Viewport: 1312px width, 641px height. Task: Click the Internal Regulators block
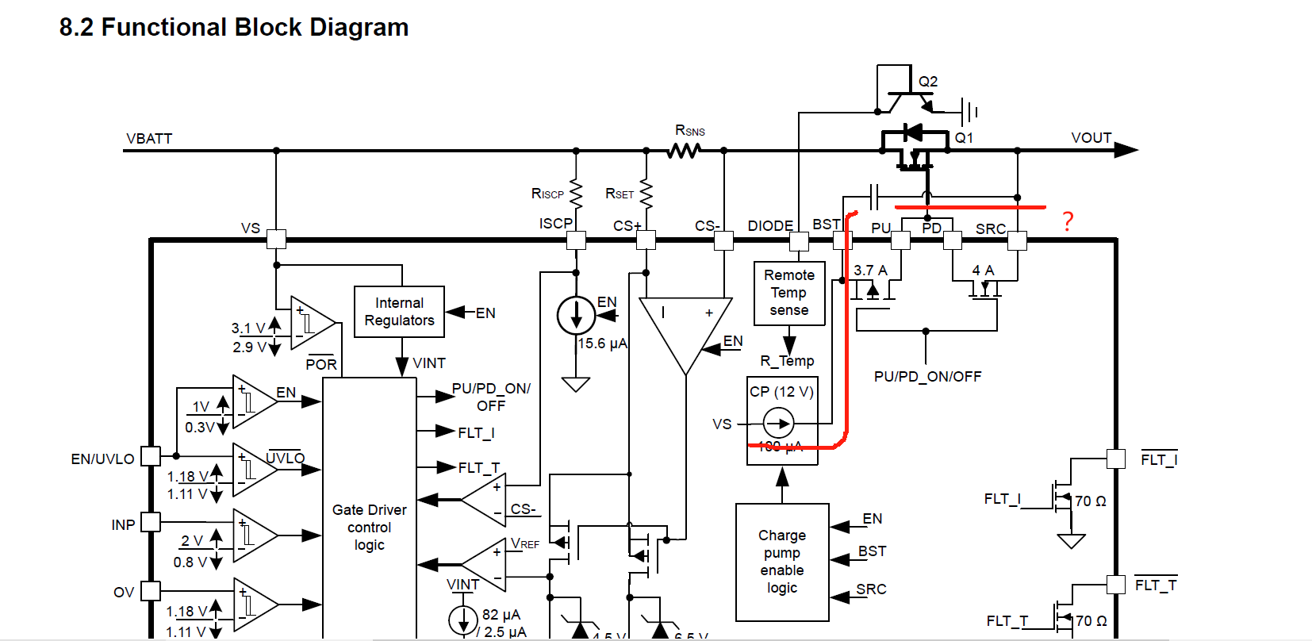tap(399, 312)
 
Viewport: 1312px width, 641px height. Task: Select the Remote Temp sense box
tap(789, 293)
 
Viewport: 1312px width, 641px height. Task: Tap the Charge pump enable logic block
tap(782, 562)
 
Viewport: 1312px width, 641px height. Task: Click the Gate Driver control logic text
tap(370, 527)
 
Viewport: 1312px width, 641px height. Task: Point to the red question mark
tap(1068, 221)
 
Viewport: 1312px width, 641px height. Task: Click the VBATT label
tap(149, 139)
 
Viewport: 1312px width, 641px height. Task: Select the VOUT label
tap(1091, 138)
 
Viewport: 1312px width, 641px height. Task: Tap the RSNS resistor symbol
tap(684, 150)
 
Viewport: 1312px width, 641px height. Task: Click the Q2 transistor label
tap(927, 82)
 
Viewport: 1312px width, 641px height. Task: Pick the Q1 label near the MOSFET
tap(964, 138)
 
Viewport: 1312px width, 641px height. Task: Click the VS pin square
tap(276, 239)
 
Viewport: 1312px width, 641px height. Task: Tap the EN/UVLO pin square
tap(151, 456)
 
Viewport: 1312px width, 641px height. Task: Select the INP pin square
tap(151, 522)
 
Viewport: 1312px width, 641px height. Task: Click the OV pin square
tap(151, 591)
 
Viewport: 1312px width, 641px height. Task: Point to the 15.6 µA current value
tap(602, 344)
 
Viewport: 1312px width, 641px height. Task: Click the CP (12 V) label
tap(781, 392)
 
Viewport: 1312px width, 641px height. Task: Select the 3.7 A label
tap(870, 271)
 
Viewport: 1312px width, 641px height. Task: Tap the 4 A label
tap(983, 271)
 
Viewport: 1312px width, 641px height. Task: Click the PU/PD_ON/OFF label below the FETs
tap(927, 377)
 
